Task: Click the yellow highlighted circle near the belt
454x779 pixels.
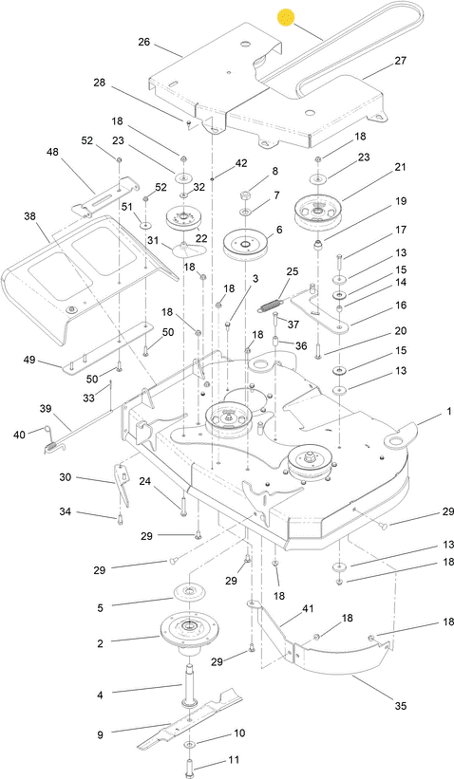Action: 286,18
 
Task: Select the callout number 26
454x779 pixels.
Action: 143,43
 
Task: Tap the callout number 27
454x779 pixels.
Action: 400,61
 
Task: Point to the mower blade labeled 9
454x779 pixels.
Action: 190,719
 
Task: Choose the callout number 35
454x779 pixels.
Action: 400,706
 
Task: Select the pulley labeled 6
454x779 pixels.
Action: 245,245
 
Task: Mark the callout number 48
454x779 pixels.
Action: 52,152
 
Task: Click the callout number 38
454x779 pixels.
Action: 29,216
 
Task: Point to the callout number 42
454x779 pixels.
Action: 241,163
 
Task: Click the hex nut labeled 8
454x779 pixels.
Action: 247,195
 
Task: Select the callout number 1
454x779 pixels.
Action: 449,412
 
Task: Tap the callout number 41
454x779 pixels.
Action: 309,608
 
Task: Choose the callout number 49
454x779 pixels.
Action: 29,360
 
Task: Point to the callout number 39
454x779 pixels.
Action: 46,409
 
